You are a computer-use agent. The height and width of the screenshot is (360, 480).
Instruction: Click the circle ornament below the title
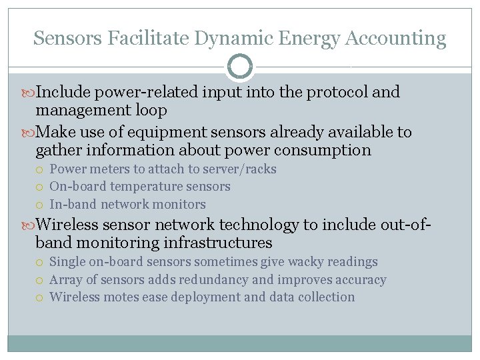240,67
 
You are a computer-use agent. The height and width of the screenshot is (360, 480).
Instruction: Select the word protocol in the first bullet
333,92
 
